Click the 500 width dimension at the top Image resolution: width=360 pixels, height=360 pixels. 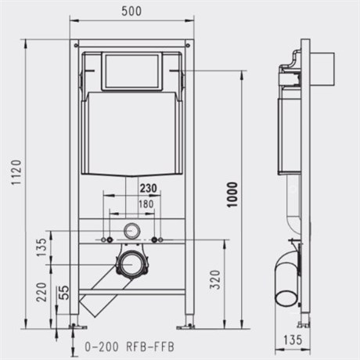pos(131,11)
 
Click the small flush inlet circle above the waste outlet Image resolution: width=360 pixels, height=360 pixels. pos(131,232)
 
